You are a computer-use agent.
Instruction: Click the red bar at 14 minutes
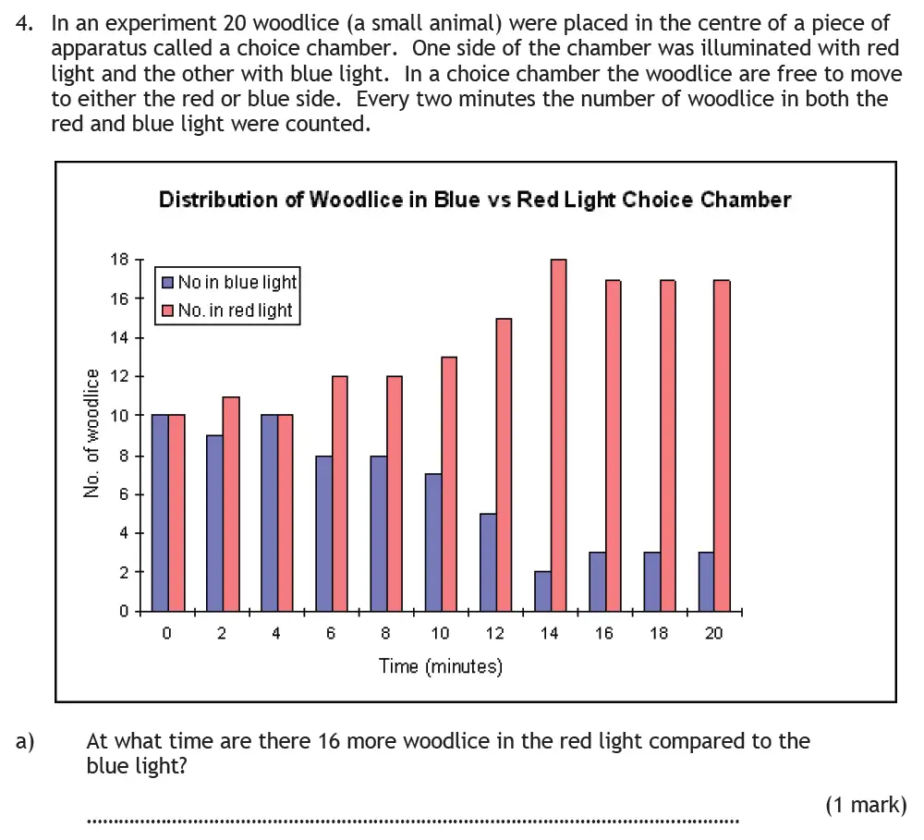tap(558, 434)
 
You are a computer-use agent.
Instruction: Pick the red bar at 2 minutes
tap(231, 504)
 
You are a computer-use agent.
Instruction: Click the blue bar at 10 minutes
tap(432, 542)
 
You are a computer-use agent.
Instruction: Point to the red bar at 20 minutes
tap(723, 444)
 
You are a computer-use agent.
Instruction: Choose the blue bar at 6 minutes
tap(323, 532)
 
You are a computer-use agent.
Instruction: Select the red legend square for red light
tap(167, 310)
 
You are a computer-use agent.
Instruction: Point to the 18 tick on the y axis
tap(119, 260)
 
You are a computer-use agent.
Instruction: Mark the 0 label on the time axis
tap(167, 633)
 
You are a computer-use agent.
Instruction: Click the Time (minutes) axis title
tap(441, 665)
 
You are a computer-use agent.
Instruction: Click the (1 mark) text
tap(866, 805)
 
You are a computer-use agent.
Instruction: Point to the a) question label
tap(25, 740)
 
